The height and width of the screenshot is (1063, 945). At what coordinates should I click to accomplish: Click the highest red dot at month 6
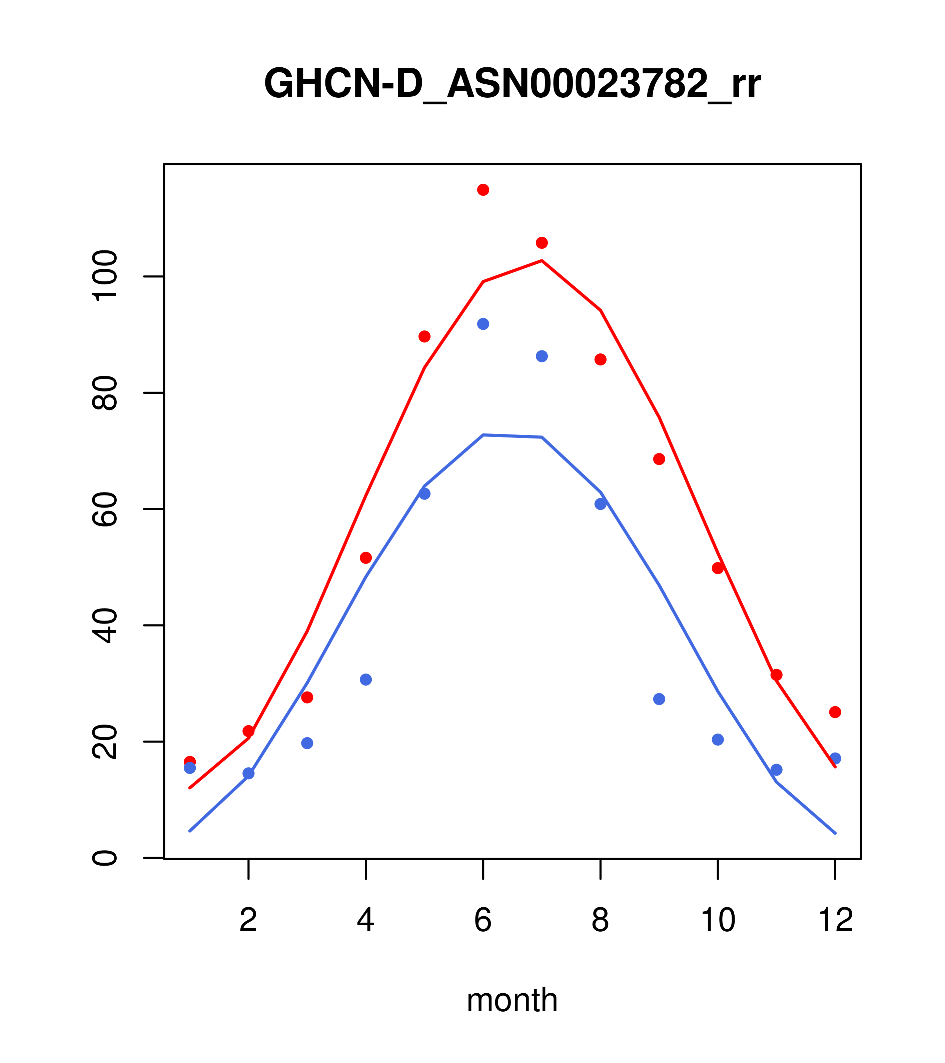coord(483,190)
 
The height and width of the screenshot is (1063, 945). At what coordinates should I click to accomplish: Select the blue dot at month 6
coord(483,324)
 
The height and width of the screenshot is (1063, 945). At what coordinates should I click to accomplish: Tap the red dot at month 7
coord(542,243)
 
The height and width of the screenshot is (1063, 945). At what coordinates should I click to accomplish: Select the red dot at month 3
coord(307,698)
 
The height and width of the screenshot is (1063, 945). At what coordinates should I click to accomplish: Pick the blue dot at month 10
coord(718,740)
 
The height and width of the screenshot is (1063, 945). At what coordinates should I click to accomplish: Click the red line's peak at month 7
coord(542,260)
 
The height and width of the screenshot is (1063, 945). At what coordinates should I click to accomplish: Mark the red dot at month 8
coord(601,359)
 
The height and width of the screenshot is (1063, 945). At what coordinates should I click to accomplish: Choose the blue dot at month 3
coord(307,743)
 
